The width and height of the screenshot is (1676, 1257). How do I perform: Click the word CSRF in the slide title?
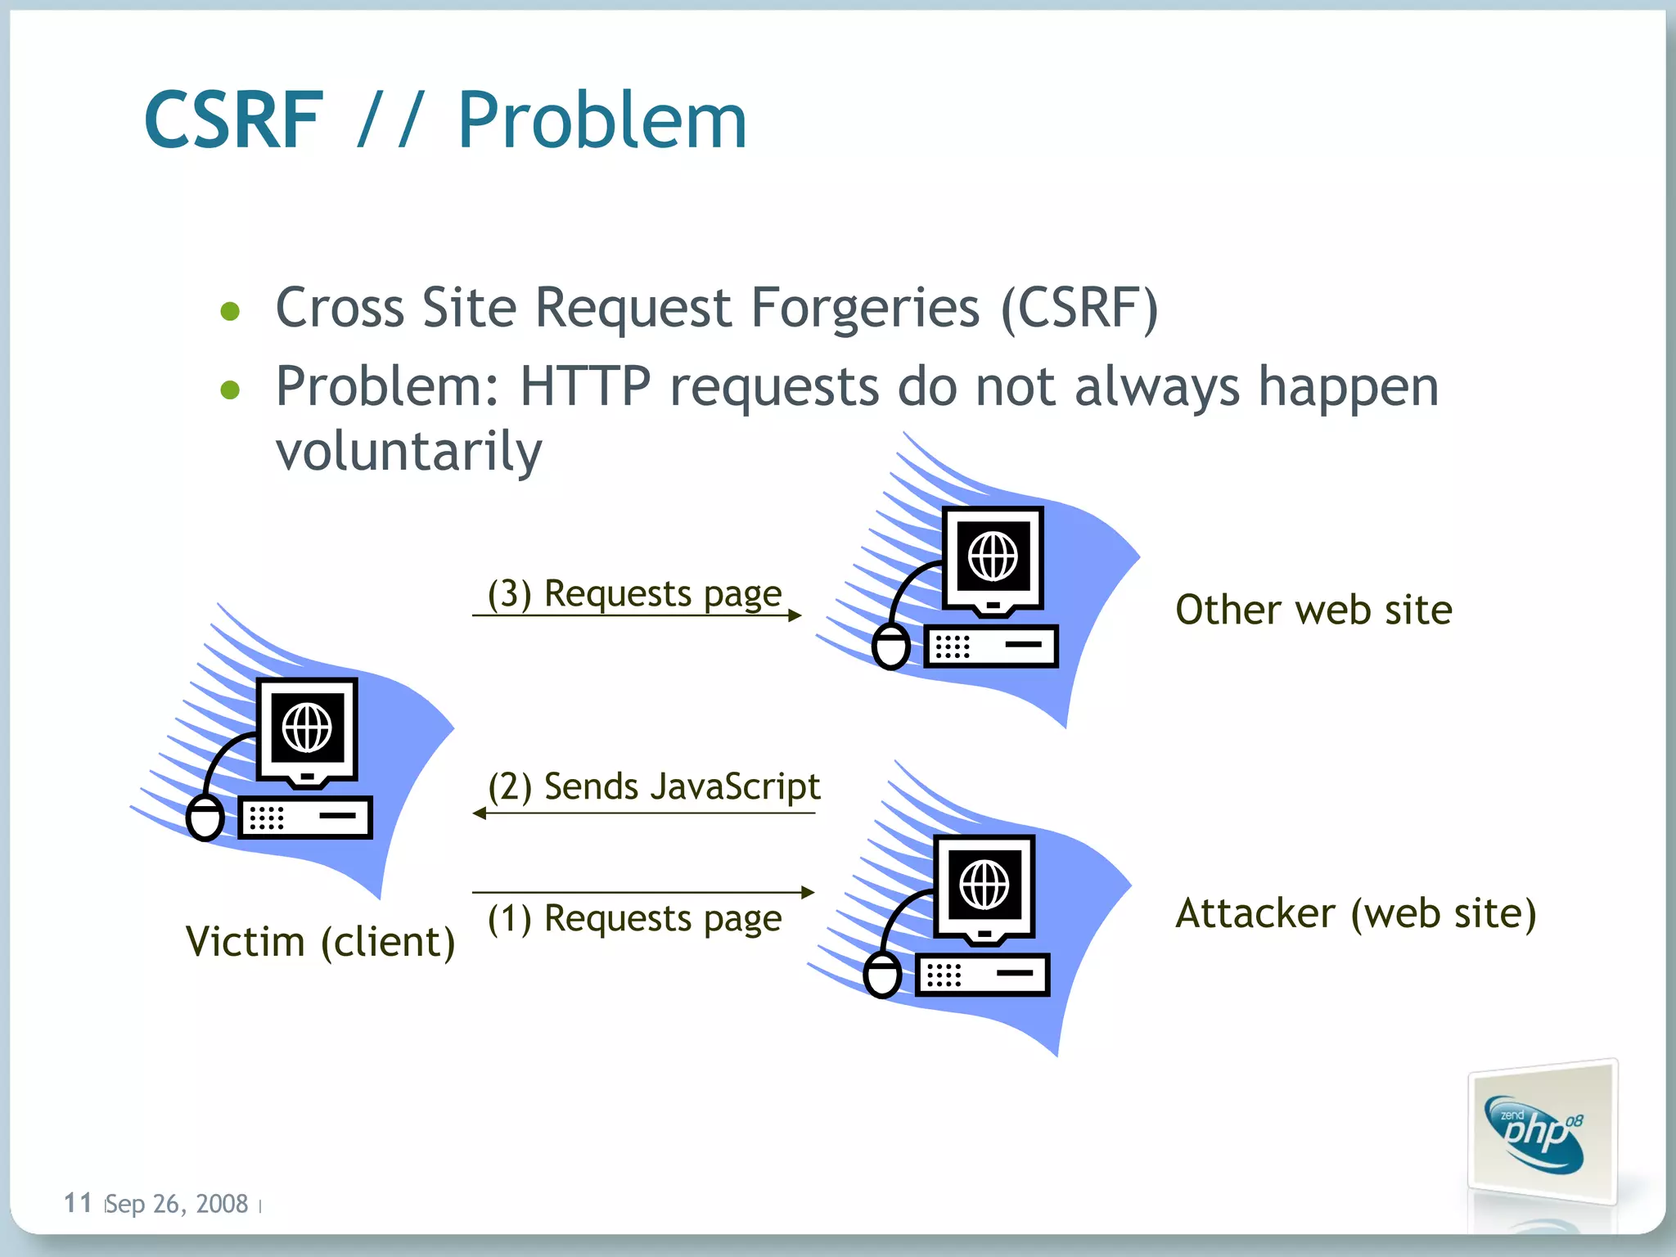pyautogui.click(x=234, y=121)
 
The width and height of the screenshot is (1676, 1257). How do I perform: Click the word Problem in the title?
pyautogui.click(x=601, y=121)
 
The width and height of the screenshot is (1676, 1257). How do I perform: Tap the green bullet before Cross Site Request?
pyautogui.click(x=231, y=311)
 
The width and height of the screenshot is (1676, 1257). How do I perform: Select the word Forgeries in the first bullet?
pyautogui.click(x=865, y=309)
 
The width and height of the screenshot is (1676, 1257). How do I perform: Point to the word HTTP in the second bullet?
pyautogui.click(x=585, y=386)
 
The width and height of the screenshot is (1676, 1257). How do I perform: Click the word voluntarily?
pyautogui.click(x=408, y=451)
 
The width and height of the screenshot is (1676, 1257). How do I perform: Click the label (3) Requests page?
pyautogui.click(x=634, y=593)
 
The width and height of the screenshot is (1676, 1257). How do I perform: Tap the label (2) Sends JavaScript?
pyautogui.click(x=653, y=786)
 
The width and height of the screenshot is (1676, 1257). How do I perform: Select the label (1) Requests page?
pyautogui.click(x=634, y=918)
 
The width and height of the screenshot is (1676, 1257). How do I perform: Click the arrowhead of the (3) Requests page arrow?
pyautogui.click(x=795, y=615)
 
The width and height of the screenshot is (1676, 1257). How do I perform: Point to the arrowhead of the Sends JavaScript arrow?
pyautogui.click(x=480, y=813)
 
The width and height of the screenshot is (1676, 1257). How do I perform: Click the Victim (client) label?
pyautogui.click(x=320, y=941)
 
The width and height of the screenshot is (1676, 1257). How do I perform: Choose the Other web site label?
pyautogui.click(x=1313, y=610)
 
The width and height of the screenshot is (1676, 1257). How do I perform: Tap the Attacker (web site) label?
pyautogui.click(x=1356, y=913)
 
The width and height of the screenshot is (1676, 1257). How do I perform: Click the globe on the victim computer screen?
pyautogui.click(x=307, y=728)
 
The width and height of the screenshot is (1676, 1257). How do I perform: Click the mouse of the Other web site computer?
pyautogui.click(x=890, y=647)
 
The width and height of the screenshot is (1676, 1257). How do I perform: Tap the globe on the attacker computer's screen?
pyautogui.click(x=984, y=885)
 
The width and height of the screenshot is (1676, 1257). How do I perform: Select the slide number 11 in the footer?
pyautogui.click(x=78, y=1203)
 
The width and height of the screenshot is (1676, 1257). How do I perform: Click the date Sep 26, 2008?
pyautogui.click(x=176, y=1204)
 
